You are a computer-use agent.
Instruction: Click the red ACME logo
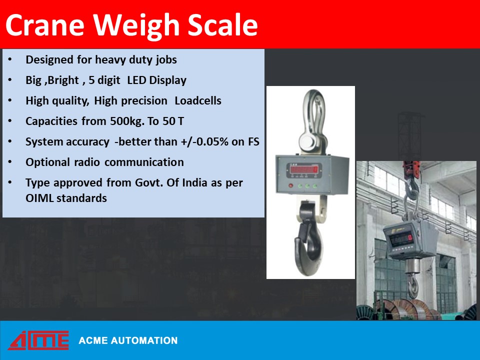[x=38, y=340]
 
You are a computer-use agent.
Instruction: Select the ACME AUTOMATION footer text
[x=128, y=341]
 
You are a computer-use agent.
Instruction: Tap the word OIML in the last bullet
[x=39, y=198]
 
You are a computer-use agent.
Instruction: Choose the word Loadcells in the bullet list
[x=198, y=101]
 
